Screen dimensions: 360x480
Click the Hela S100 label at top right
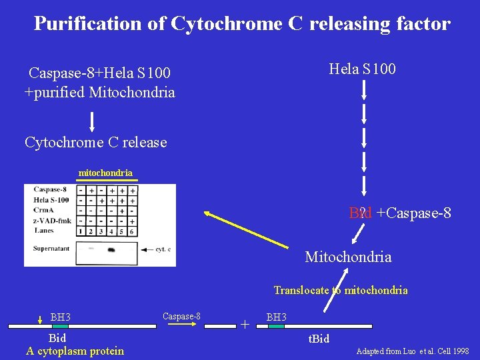pyautogui.click(x=362, y=69)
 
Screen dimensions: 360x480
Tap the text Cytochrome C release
pyautogui.click(x=95, y=142)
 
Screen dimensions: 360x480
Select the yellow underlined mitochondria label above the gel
pyautogui.click(x=105, y=173)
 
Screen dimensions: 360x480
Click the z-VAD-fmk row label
pyautogui.click(x=52, y=221)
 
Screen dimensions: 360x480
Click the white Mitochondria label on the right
pyautogui.click(x=348, y=257)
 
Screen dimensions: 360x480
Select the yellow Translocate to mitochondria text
pyautogui.click(x=341, y=290)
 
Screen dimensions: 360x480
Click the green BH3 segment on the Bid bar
pyautogui.click(x=61, y=327)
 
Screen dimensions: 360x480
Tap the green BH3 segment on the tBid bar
pyautogui.click(x=276, y=327)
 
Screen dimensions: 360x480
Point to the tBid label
pyautogui.click(x=319, y=339)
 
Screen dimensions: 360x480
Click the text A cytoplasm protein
pyautogui.click(x=75, y=351)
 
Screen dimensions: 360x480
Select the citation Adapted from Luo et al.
pyautogui.click(x=413, y=351)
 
